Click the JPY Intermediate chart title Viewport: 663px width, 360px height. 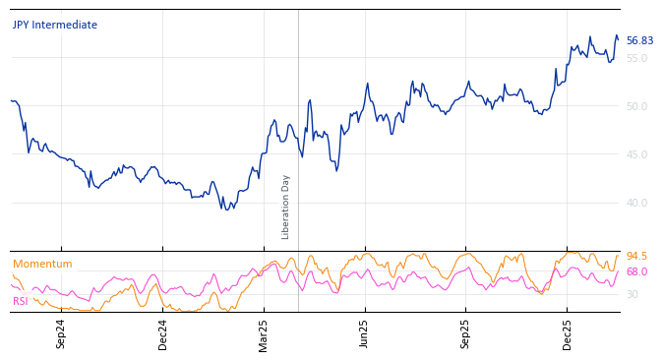[x=55, y=26]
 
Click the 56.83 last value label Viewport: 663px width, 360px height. [x=639, y=41]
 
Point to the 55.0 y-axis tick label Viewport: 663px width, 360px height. [x=637, y=59]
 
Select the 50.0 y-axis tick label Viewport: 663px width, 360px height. [x=637, y=106]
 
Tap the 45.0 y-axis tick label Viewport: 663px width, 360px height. [x=637, y=154]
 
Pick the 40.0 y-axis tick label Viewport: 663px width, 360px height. [x=637, y=203]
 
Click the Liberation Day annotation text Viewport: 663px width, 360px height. [x=286, y=207]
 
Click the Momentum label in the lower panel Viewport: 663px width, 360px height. [x=42, y=265]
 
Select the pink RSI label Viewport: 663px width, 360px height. [x=21, y=302]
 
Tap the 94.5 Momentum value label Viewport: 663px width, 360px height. [x=637, y=257]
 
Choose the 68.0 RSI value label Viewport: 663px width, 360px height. [x=637, y=272]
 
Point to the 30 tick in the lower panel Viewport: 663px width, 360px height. [x=633, y=295]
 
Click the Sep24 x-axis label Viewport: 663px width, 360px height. [x=61, y=333]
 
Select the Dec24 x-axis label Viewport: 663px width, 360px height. [x=163, y=333]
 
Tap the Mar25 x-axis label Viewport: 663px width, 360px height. [x=264, y=333]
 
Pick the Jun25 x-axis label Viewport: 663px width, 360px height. [x=365, y=333]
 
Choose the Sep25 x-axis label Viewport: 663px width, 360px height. [x=466, y=333]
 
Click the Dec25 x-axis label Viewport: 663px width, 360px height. [x=568, y=333]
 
